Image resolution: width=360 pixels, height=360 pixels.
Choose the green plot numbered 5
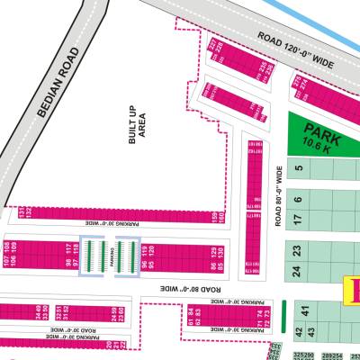(298, 166)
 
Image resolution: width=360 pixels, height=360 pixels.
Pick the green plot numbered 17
(298, 219)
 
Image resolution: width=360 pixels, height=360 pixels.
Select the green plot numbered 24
(298, 269)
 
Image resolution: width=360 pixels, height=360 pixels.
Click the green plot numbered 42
(300, 333)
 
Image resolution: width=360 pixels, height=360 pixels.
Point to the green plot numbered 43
(311, 333)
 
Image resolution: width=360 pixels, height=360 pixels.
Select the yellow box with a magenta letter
(352, 291)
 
